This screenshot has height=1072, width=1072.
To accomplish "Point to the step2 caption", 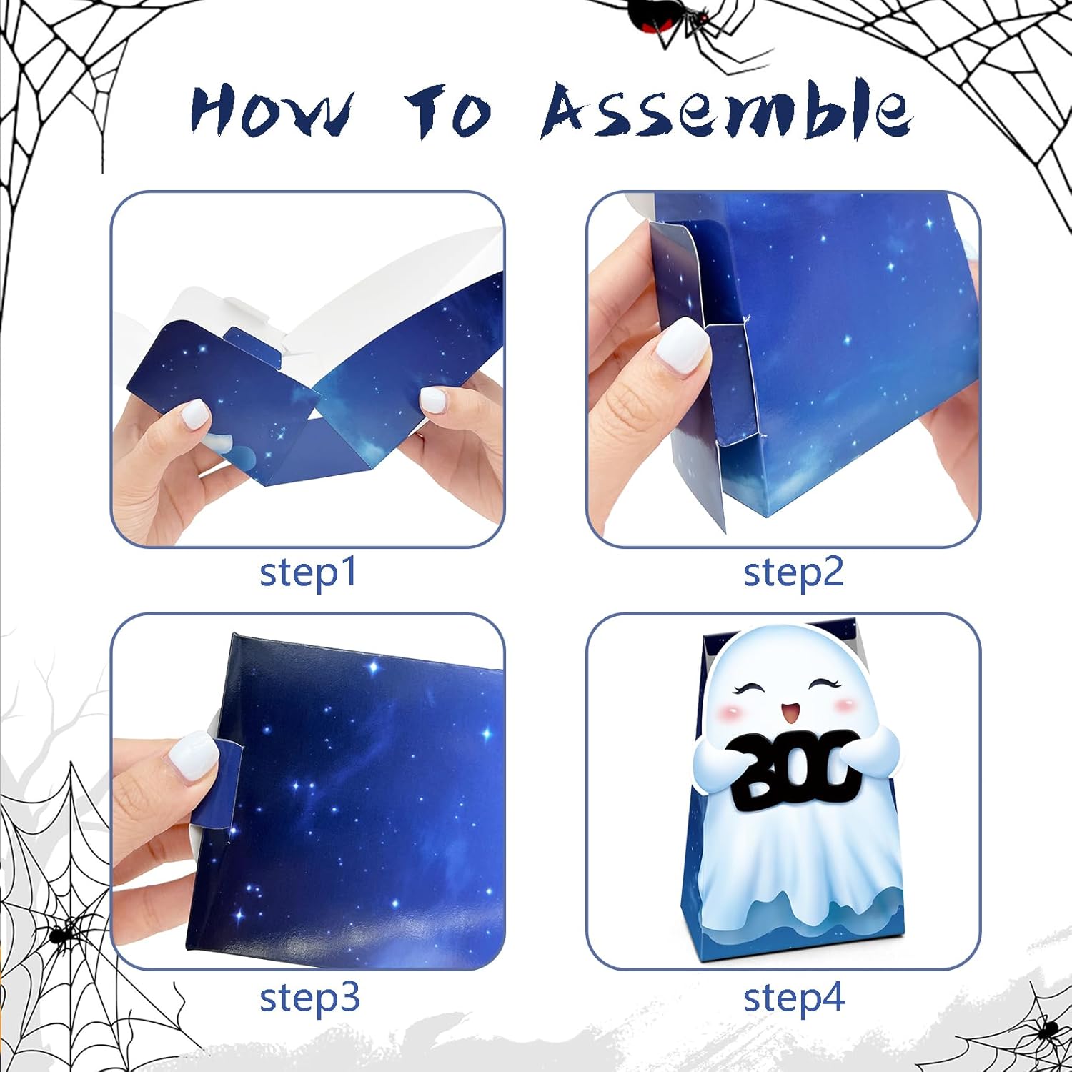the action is click(x=793, y=573).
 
